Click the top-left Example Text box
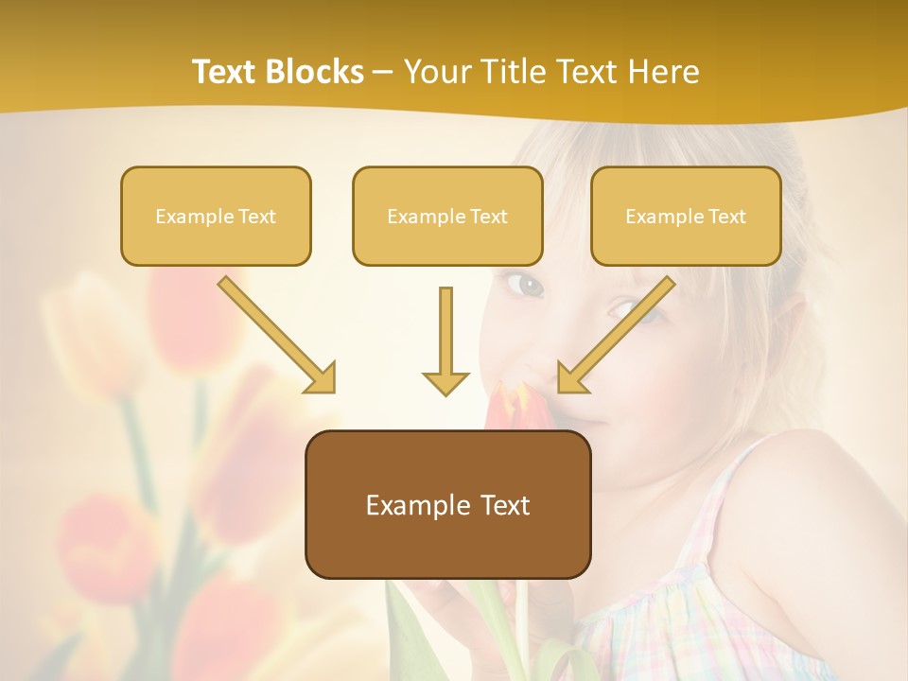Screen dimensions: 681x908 (x=216, y=217)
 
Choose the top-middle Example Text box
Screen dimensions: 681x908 (x=447, y=217)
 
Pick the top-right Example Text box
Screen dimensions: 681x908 (x=686, y=217)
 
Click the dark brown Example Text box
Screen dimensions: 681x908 (x=447, y=505)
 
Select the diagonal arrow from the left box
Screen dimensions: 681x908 (x=274, y=333)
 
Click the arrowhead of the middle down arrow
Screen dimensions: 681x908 (x=445, y=382)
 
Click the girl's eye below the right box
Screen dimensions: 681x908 (x=624, y=309)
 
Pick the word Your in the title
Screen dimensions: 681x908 (x=436, y=72)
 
